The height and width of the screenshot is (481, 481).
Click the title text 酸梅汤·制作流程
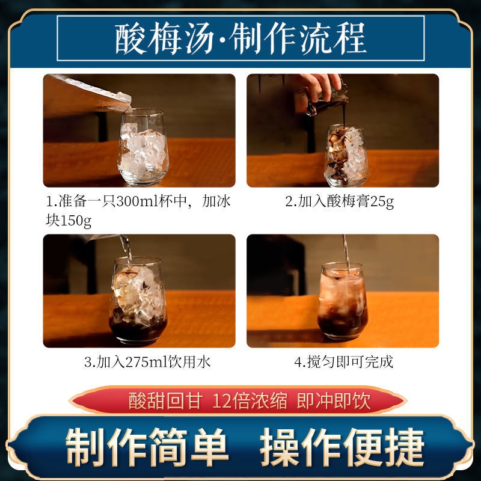coord(241,38)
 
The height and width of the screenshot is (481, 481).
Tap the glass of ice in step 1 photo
coord(143,147)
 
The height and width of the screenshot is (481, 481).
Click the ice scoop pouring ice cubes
coord(92,93)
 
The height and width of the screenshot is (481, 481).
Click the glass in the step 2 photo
coord(346,156)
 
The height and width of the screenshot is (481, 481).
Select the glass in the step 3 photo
coord(138,301)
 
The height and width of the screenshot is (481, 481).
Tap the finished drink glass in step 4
coord(343,302)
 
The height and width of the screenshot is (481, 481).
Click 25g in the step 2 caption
coord(382,202)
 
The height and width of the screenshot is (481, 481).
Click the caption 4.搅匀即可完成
coord(343,362)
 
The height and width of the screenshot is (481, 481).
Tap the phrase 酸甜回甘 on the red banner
coord(166,400)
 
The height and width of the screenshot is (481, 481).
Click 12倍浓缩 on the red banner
coord(250,400)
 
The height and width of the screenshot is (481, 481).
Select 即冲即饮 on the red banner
coord(334,400)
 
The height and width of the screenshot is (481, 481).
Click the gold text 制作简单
coord(147,446)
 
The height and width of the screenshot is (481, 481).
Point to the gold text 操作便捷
coord(342,446)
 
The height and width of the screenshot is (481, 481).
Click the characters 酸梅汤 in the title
coord(164,38)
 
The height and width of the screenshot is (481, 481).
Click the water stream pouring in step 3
coord(126,249)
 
